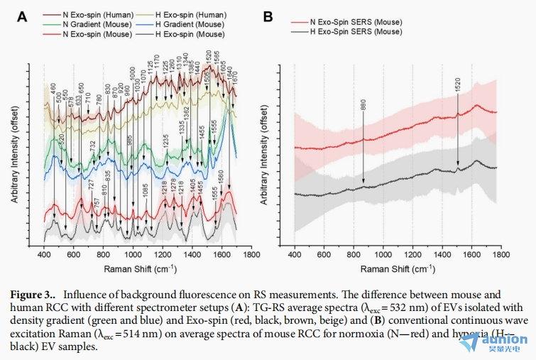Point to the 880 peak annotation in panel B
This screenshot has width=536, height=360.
(x=363, y=104)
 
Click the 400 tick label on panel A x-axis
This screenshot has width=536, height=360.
(x=45, y=254)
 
